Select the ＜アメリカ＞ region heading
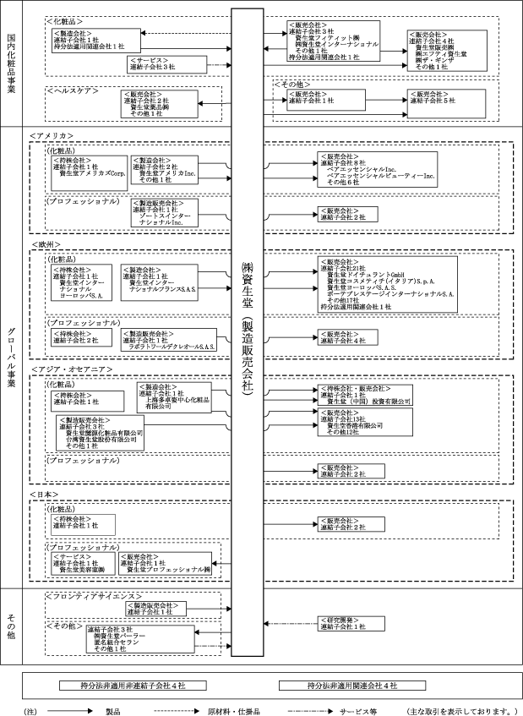click(x=52, y=135)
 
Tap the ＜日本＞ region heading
click(x=46, y=492)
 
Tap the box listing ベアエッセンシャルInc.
click(x=377, y=169)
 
